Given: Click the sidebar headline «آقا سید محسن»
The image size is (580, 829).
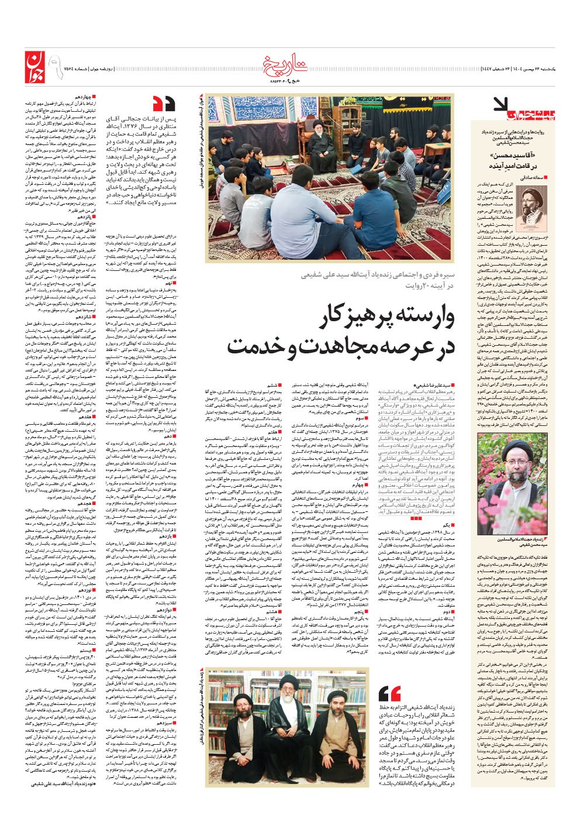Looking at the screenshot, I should point(519,157).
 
